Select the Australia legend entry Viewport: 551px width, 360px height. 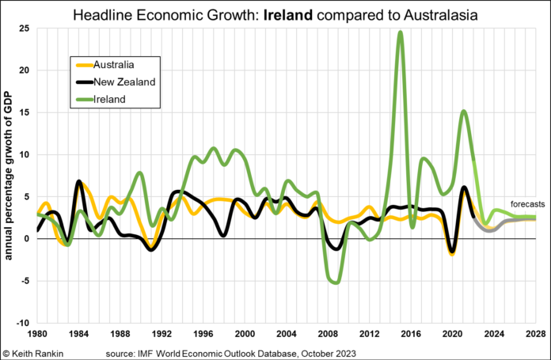[116, 63]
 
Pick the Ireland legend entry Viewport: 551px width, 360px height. [110, 100]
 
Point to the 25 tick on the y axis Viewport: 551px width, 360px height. [25, 28]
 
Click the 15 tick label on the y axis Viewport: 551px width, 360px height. [25, 112]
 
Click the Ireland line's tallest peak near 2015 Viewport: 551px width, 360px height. [401, 32]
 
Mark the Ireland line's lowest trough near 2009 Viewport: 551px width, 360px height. [336, 282]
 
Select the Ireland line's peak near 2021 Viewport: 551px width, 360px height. [464, 112]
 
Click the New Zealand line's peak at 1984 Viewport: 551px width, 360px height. [78, 181]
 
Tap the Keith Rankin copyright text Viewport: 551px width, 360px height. [35, 352]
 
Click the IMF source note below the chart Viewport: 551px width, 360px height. [226, 352]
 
